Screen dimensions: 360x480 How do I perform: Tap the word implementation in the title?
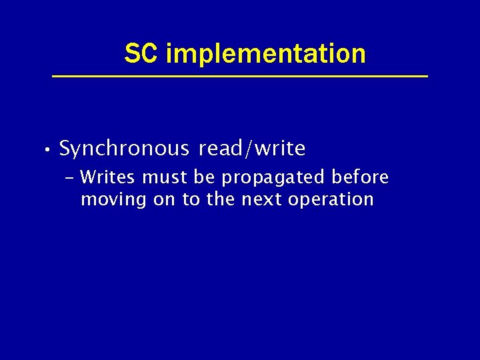(x=265, y=54)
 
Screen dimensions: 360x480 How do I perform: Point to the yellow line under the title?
(x=240, y=77)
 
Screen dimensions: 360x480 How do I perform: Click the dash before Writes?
(x=71, y=179)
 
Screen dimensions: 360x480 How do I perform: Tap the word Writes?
(x=108, y=178)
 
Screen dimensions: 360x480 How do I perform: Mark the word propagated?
(x=273, y=179)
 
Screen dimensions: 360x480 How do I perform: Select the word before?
(x=360, y=178)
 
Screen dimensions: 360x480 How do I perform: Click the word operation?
(x=331, y=200)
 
